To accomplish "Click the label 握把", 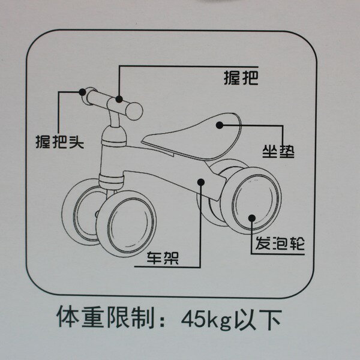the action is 241,77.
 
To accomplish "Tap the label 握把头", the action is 59,142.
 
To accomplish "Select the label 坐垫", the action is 278,151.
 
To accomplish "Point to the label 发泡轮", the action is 280,243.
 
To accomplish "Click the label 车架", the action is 163,258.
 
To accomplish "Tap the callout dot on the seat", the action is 220,125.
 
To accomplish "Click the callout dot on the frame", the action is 201,182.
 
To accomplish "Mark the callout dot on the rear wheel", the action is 252,218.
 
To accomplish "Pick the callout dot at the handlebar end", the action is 82,92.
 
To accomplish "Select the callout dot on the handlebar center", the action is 119,99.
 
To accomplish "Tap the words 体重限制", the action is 105,317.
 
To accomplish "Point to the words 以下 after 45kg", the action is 258,319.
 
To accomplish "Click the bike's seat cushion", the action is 192,138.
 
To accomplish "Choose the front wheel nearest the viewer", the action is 126,224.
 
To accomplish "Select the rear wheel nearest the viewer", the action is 251,201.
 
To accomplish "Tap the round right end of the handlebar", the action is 134,111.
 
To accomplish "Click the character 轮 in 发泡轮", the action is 297,243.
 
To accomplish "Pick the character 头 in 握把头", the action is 76,142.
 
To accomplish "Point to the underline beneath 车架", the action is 167,267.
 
